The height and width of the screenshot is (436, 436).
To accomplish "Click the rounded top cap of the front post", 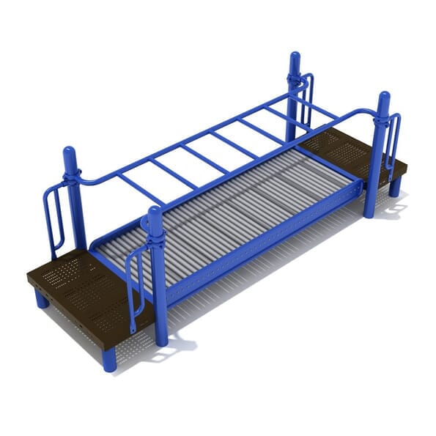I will (155, 213).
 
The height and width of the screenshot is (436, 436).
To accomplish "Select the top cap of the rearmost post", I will (295, 57).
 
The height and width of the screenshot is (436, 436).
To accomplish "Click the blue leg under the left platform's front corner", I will (109, 359).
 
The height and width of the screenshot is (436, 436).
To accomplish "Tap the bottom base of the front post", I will (160, 338).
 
